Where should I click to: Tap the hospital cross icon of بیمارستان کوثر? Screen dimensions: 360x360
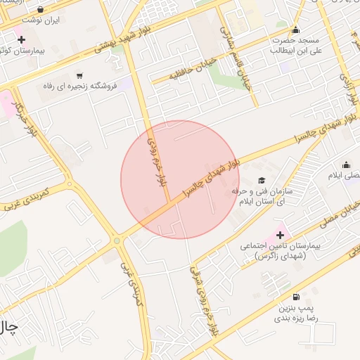click(x=22, y=39)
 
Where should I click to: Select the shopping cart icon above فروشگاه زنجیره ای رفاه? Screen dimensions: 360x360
click(x=79, y=75)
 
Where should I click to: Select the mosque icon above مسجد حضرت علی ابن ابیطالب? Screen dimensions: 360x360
click(x=296, y=30)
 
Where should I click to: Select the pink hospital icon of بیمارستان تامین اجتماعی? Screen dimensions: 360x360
click(x=281, y=234)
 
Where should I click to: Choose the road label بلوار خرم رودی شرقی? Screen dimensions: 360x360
click(x=199, y=302)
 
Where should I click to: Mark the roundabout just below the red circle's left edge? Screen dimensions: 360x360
click(x=117, y=241)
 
